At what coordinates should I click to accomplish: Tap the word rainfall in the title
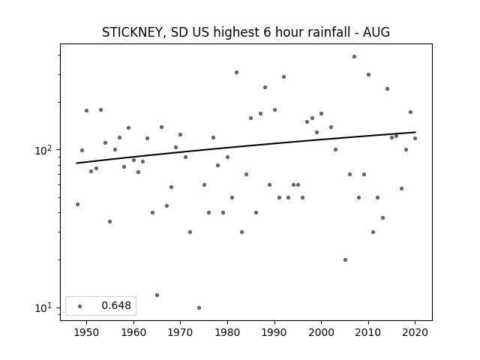tap(328, 31)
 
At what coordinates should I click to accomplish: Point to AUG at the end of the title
tap(376, 31)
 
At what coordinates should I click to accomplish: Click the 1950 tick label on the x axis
tap(87, 332)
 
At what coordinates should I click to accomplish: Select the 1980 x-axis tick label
tap(227, 332)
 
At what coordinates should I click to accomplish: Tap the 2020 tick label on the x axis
tap(415, 332)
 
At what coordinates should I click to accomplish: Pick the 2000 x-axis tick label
tap(321, 332)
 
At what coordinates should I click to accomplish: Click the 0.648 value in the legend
tap(116, 305)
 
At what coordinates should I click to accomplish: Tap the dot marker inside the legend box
tap(80, 306)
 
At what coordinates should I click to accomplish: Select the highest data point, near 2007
tap(354, 57)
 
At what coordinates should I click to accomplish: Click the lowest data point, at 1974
tap(199, 307)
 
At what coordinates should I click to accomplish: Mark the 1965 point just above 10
tap(157, 295)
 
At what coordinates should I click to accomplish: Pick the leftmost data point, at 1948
tap(77, 204)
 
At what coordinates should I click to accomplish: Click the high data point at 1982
tap(237, 73)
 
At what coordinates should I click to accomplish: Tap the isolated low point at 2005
tap(345, 260)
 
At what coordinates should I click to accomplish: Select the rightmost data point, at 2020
tap(415, 138)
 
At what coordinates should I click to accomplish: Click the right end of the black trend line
tap(415, 132)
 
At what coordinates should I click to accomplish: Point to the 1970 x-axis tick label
tap(180, 332)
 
